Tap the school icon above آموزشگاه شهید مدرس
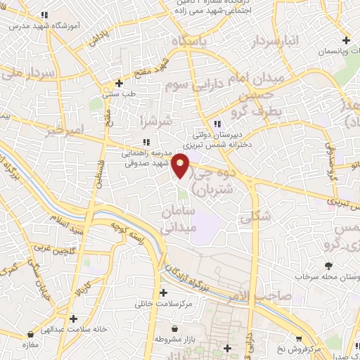pyautogui.click(x=45, y=15)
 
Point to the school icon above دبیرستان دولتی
pyautogui.click(x=217, y=118)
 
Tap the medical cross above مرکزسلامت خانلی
pyautogui.click(x=164, y=292)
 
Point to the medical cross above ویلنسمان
pyautogui.click(x=345, y=39)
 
